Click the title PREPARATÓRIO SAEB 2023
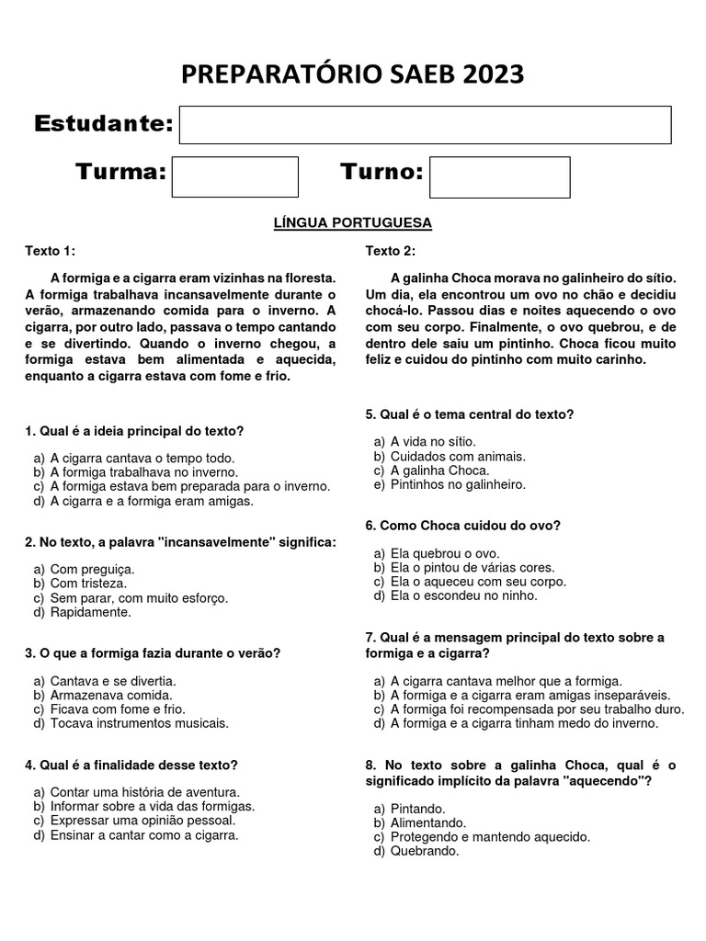(x=353, y=74)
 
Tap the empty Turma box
(x=235, y=176)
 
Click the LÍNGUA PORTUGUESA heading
(x=353, y=222)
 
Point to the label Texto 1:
(x=51, y=251)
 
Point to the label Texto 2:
(x=390, y=251)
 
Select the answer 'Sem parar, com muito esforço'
(x=139, y=598)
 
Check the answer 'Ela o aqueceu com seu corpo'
(x=478, y=582)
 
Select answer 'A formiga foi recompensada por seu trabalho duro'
(x=537, y=709)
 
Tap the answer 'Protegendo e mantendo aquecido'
(x=490, y=837)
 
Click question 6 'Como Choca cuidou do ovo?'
(x=462, y=526)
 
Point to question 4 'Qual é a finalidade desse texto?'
(x=131, y=765)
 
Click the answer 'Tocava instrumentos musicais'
(x=139, y=723)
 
